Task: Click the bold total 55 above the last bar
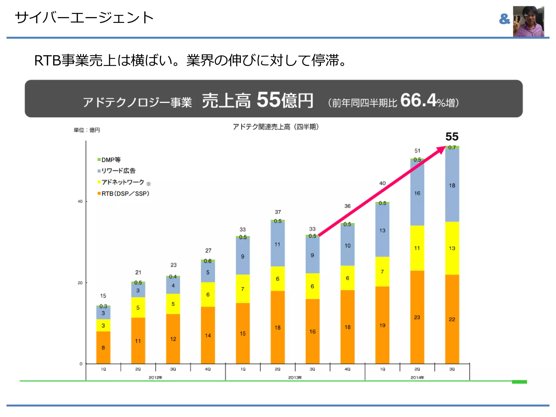point(452,137)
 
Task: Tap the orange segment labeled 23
point(417,317)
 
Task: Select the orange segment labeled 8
point(103,347)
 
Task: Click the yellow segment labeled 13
point(452,248)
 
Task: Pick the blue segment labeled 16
point(417,193)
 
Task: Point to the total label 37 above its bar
point(278,212)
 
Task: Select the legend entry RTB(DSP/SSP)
point(124,194)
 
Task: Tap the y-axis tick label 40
point(80,201)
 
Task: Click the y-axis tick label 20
point(80,283)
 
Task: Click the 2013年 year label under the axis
point(295,377)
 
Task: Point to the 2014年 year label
point(417,377)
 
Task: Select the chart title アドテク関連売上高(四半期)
point(276,127)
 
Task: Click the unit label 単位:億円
point(87,130)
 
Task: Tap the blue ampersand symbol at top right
point(504,19)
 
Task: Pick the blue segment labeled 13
point(382,230)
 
